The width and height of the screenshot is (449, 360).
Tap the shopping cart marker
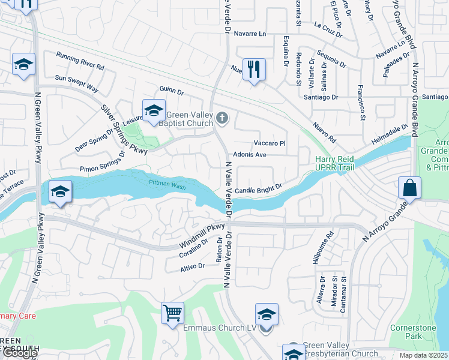click(x=172, y=312)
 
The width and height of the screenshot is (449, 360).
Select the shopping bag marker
click(x=409, y=188)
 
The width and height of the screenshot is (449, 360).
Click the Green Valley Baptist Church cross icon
click(x=223, y=118)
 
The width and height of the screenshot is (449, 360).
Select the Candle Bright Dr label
click(x=258, y=190)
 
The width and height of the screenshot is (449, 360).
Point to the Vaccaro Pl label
click(x=269, y=143)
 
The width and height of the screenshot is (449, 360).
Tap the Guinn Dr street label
click(x=172, y=91)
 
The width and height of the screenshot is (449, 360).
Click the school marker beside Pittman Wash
click(x=59, y=192)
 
